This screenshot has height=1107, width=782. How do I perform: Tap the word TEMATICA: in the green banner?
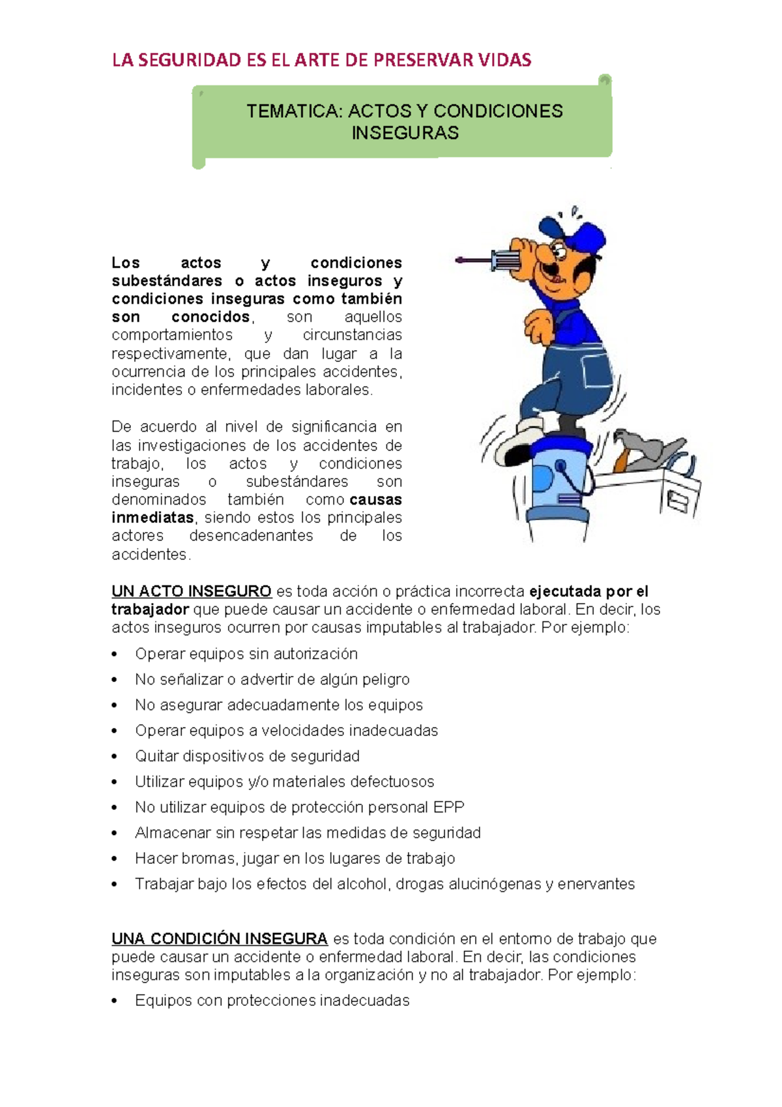coord(294,111)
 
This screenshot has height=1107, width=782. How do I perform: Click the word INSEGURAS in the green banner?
coord(405,133)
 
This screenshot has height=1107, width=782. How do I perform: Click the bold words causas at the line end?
coord(375,500)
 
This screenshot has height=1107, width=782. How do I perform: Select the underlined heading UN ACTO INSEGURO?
coord(192,591)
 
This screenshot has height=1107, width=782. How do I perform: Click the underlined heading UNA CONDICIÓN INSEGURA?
coord(220,939)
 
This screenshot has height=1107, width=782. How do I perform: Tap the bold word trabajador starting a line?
coord(150,610)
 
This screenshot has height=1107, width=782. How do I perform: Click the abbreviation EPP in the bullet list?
coord(448,807)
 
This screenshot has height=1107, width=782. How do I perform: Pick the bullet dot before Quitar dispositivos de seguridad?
coord(115,757)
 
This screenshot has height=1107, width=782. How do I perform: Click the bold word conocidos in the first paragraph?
coord(210,317)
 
